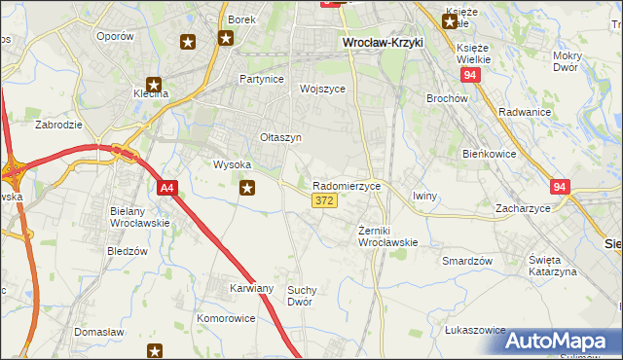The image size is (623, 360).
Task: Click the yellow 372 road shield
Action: (x=325, y=200)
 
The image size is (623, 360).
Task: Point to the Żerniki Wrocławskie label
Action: (x=388, y=235)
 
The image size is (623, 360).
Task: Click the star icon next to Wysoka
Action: (x=248, y=189)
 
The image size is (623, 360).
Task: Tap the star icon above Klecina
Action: (x=153, y=84)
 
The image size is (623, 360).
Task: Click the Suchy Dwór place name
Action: (x=305, y=296)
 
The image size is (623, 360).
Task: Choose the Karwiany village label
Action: (x=251, y=289)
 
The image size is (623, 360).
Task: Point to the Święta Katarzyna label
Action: (x=553, y=266)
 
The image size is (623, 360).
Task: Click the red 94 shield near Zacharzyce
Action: (x=559, y=186)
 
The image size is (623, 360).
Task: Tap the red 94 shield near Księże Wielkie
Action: (x=471, y=75)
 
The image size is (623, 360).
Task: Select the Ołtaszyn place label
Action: (x=280, y=138)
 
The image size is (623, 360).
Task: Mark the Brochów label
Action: (x=448, y=98)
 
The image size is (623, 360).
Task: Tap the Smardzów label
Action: (x=467, y=261)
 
